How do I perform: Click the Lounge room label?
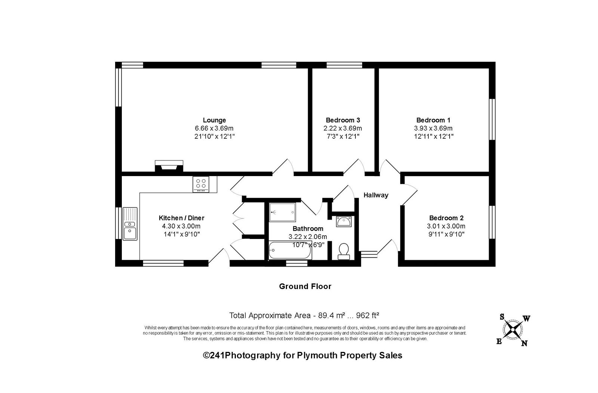[215, 120]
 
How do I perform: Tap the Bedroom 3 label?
[343, 120]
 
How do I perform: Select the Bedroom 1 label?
[434, 120]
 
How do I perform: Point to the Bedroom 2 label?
[446, 218]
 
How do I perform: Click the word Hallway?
[376, 195]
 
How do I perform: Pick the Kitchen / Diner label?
[182, 218]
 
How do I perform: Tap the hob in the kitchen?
[201, 184]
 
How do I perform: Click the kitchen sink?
[130, 224]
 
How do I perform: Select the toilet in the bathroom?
[344, 251]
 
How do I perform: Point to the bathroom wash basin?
[344, 222]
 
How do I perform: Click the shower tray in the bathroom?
[282, 212]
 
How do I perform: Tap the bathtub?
[290, 250]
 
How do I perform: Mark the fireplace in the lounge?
[169, 166]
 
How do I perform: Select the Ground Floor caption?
[305, 286]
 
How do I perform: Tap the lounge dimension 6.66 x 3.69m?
[214, 129]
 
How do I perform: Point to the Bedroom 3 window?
[344, 65]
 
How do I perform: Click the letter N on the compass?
[524, 343]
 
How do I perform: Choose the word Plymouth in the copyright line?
[317, 356]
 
